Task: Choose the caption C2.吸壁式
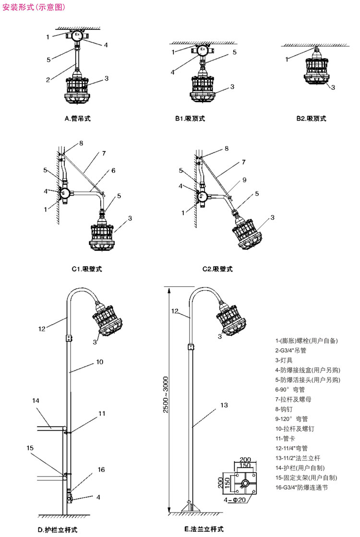217,269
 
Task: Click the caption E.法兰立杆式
204,529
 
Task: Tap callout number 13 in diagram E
224,405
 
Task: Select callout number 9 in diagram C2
244,180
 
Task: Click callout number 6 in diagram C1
113,171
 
